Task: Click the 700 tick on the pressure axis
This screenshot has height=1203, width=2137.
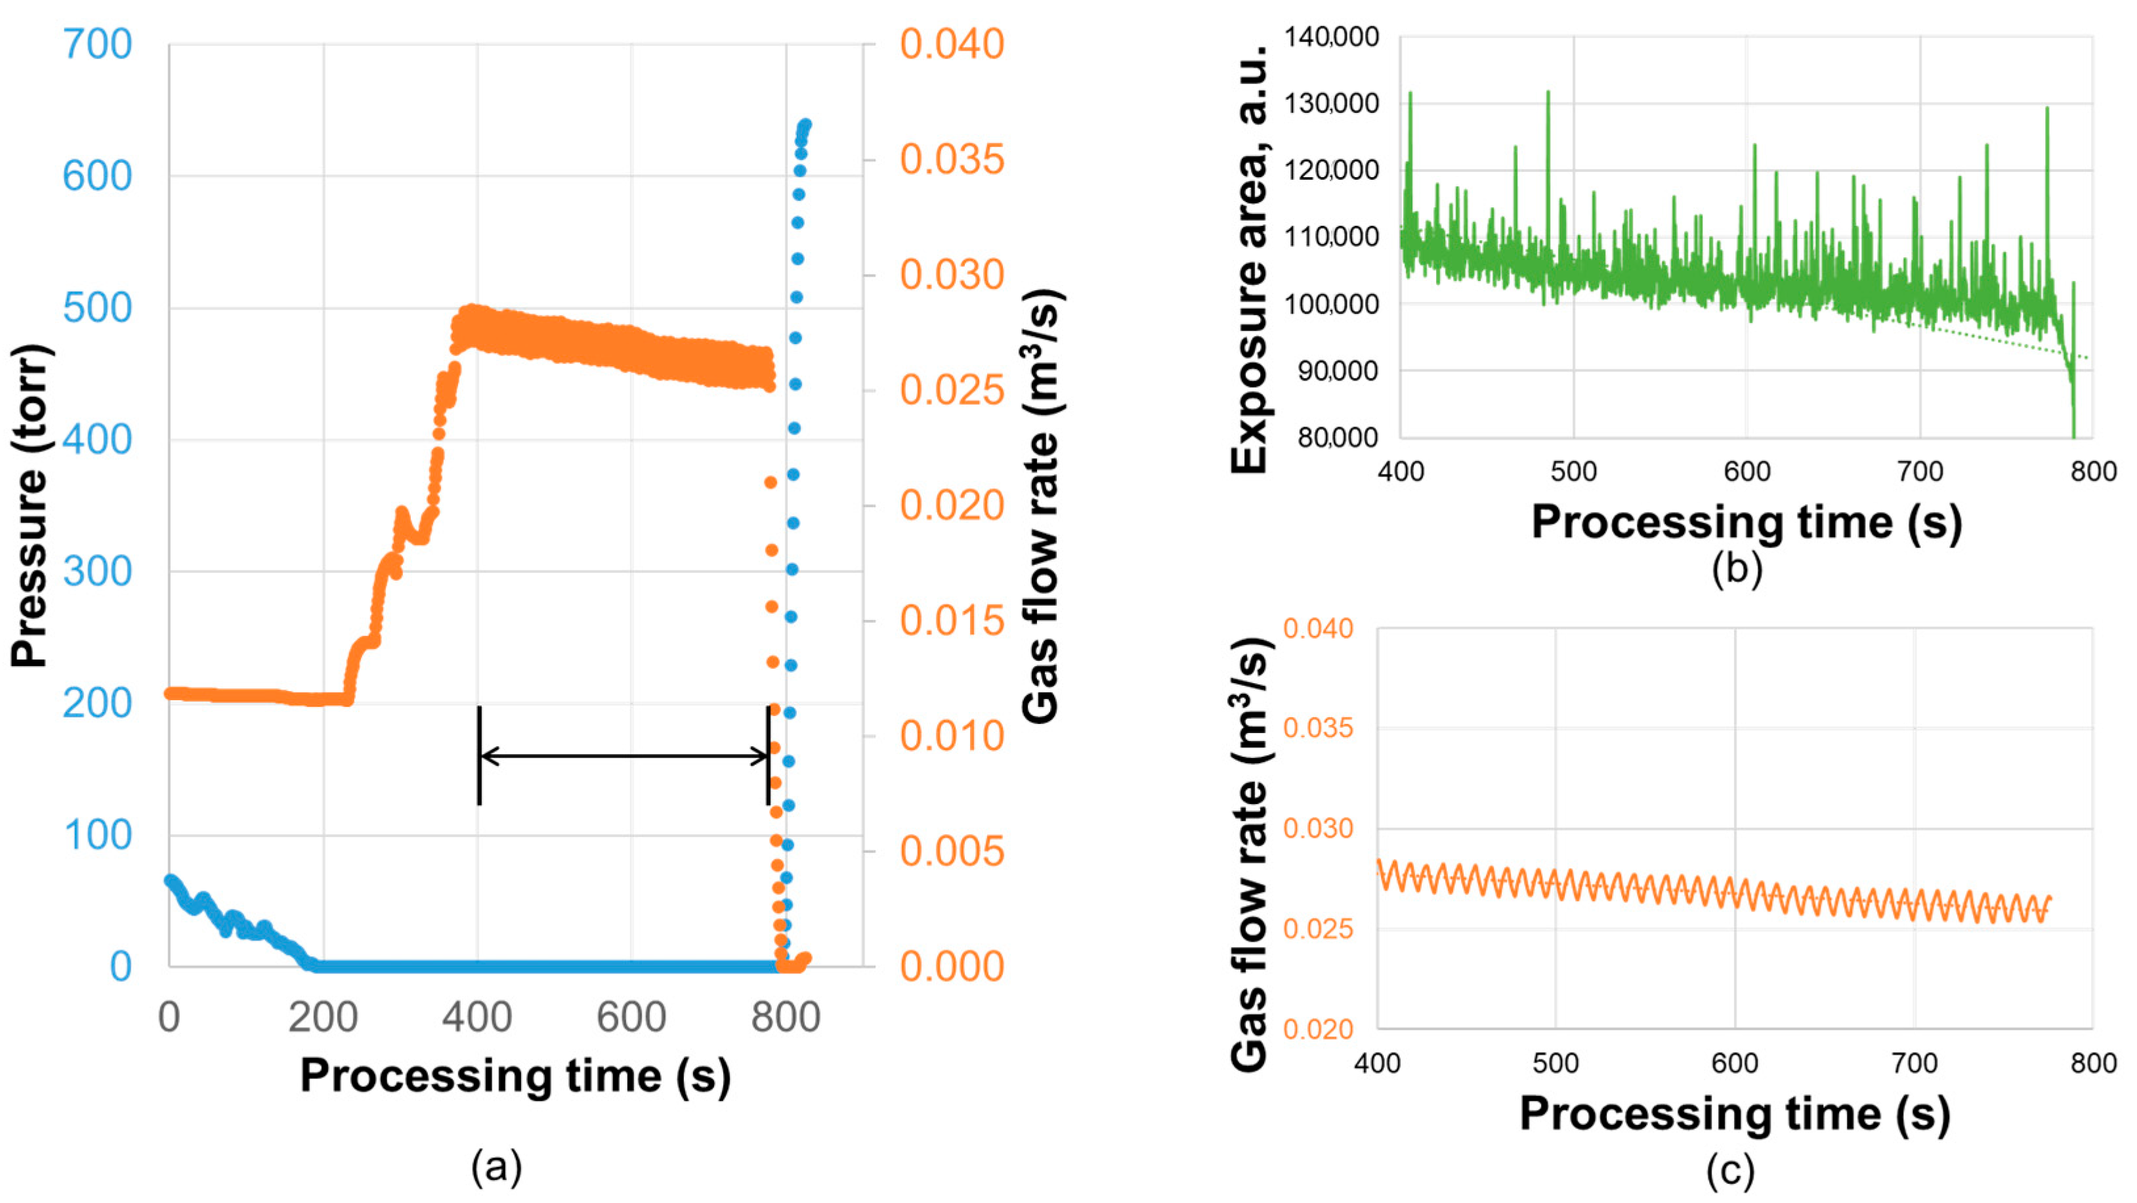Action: click(97, 44)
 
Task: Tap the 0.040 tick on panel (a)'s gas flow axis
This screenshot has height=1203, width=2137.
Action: click(952, 44)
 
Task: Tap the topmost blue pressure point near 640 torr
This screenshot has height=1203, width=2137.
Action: click(805, 125)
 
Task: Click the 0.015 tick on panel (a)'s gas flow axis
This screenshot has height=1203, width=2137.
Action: click(952, 621)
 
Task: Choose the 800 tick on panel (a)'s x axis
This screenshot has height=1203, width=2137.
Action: click(785, 1017)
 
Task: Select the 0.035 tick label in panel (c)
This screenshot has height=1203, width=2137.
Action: click(1318, 728)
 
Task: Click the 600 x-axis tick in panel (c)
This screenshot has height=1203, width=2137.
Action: click(1735, 1063)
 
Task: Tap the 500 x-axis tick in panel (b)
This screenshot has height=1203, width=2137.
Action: click(1574, 471)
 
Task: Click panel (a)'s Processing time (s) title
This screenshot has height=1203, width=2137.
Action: click(515, 1076)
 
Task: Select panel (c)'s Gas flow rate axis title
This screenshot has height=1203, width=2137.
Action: click(1250, 855)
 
